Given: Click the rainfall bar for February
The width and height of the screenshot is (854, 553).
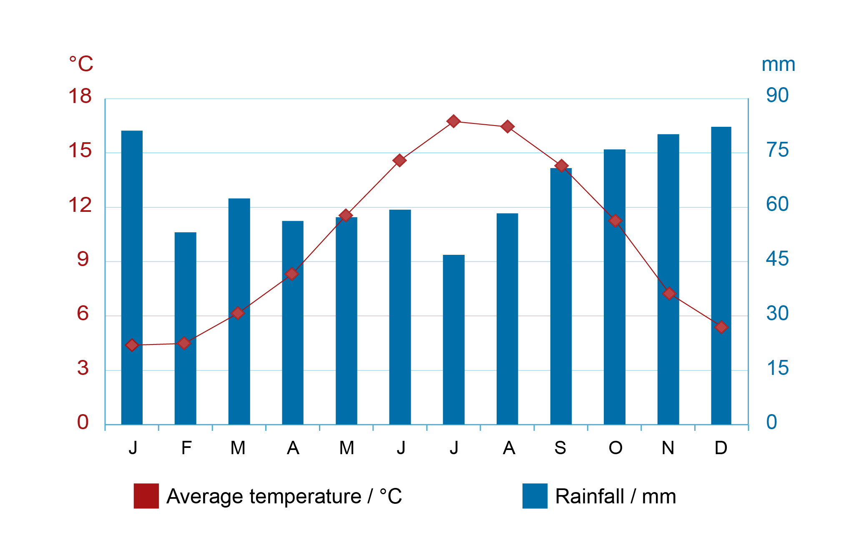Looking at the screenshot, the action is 185,328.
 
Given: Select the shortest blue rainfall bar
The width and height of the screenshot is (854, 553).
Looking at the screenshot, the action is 454,339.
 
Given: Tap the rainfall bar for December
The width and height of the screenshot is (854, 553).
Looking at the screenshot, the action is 721,276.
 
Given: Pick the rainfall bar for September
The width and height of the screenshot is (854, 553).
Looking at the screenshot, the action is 561,296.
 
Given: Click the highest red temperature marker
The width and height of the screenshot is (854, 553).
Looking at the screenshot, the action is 454,121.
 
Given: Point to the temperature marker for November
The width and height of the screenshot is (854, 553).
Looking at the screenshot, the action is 669,294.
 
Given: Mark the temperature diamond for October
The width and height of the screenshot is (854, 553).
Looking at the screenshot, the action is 615,221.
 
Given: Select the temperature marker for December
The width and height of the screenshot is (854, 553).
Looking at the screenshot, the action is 721,327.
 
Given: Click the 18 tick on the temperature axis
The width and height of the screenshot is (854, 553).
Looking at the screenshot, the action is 80,96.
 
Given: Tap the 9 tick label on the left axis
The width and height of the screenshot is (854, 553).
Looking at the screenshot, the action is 83,259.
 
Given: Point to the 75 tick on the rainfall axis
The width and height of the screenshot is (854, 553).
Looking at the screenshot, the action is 777,150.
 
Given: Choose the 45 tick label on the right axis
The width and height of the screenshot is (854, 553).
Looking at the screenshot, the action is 777,259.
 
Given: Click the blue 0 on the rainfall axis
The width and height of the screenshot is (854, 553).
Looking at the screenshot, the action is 772,422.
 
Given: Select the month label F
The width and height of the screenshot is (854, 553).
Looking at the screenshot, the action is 186,448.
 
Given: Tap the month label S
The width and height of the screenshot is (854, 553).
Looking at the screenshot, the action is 560,448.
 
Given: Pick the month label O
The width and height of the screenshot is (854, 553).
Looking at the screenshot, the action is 615,448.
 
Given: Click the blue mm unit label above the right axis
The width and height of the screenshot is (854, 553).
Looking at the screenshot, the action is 779,65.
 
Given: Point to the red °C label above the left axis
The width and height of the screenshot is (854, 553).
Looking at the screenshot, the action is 81,64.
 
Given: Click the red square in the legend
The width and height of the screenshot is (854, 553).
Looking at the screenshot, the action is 146,496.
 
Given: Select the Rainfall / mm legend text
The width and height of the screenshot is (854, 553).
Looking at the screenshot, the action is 615,496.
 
